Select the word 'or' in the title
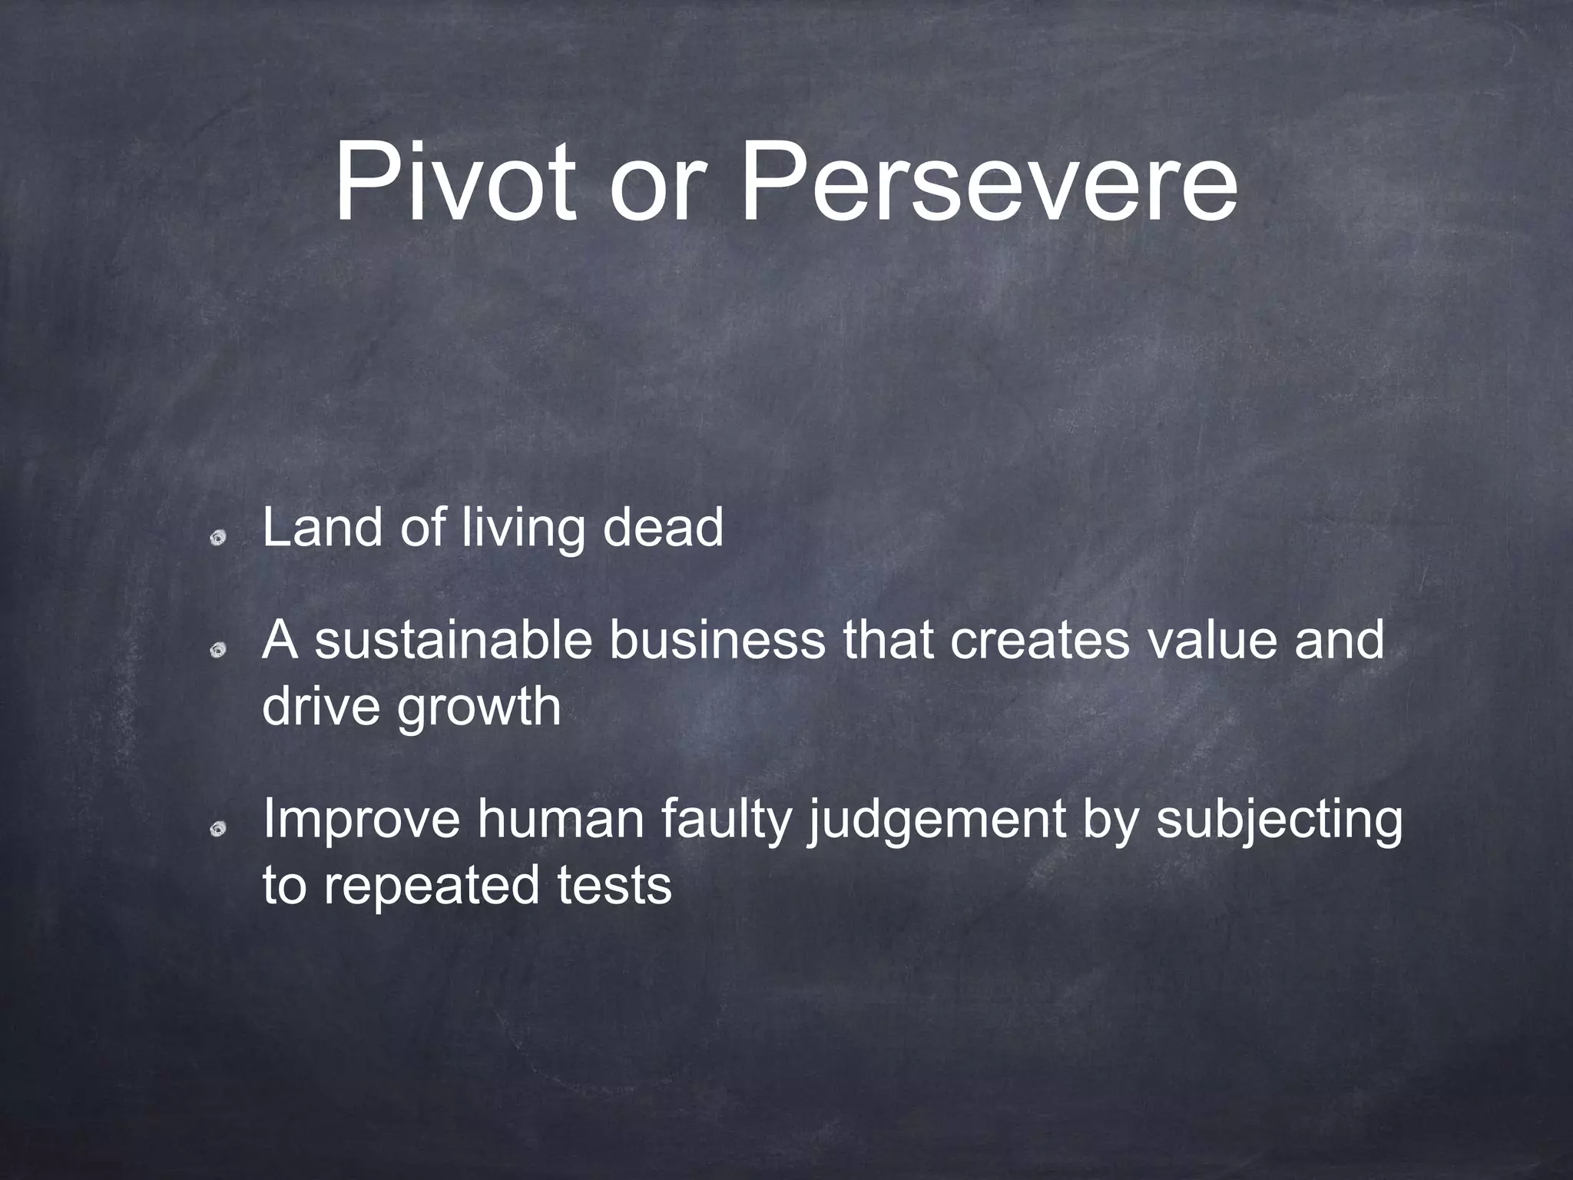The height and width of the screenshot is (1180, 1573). point(656,192)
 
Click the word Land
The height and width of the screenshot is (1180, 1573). point(321,528)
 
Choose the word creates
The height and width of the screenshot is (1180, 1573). point(1040,641)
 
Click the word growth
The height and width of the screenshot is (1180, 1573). point(479,708)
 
